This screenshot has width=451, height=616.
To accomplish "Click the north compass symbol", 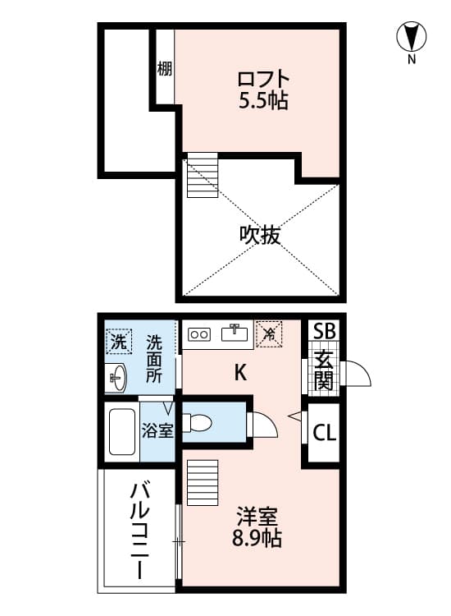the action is coord(411,37).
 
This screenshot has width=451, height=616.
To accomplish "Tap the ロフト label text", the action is coord(263,79).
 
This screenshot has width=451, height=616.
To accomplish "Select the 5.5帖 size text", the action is coord(263,100).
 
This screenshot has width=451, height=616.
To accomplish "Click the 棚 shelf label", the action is coord(165,69).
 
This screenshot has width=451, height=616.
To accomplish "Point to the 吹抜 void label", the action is coord(260,235).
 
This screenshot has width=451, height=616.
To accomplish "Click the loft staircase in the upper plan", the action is coord(203,175).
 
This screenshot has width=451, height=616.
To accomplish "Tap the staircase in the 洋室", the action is coord(203,482).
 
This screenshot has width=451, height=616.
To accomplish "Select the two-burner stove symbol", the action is coord(199,334).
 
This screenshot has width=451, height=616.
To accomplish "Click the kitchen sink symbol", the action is coord(235,333).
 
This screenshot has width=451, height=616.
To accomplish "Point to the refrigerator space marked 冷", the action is coord(269,334).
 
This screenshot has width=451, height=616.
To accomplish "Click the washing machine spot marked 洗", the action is coord(118,342).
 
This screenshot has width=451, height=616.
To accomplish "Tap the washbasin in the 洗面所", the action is coord(116,378).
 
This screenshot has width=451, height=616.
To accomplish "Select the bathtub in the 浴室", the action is coord(122,432).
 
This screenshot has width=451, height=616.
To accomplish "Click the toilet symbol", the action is coord(197,423).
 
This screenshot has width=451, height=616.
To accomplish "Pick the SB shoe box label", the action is coord(324,331).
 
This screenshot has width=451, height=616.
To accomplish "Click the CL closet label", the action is coord(325,433).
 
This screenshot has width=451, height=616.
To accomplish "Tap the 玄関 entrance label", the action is coord(324,370).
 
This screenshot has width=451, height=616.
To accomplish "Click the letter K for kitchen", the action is coord(240,372).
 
